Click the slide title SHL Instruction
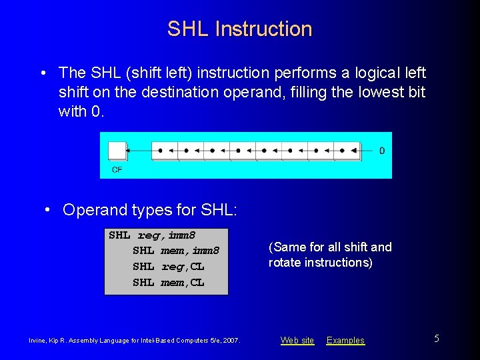coord(239,29)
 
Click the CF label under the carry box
coord(117,170)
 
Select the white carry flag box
coord(117,151)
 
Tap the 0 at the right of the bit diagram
coord(382,151)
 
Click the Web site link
coord(297,341)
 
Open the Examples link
coord(345,341)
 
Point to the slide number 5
coord(437,339)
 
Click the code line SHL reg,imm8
coord(151,235)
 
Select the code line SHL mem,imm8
coord(176,251)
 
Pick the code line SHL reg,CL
coord(169,267)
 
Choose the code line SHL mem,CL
coord(169,282)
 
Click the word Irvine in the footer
coord(39,341)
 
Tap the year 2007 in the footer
coord(231,341)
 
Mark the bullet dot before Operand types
coord(48,210)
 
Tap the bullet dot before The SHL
coord(43,73)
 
